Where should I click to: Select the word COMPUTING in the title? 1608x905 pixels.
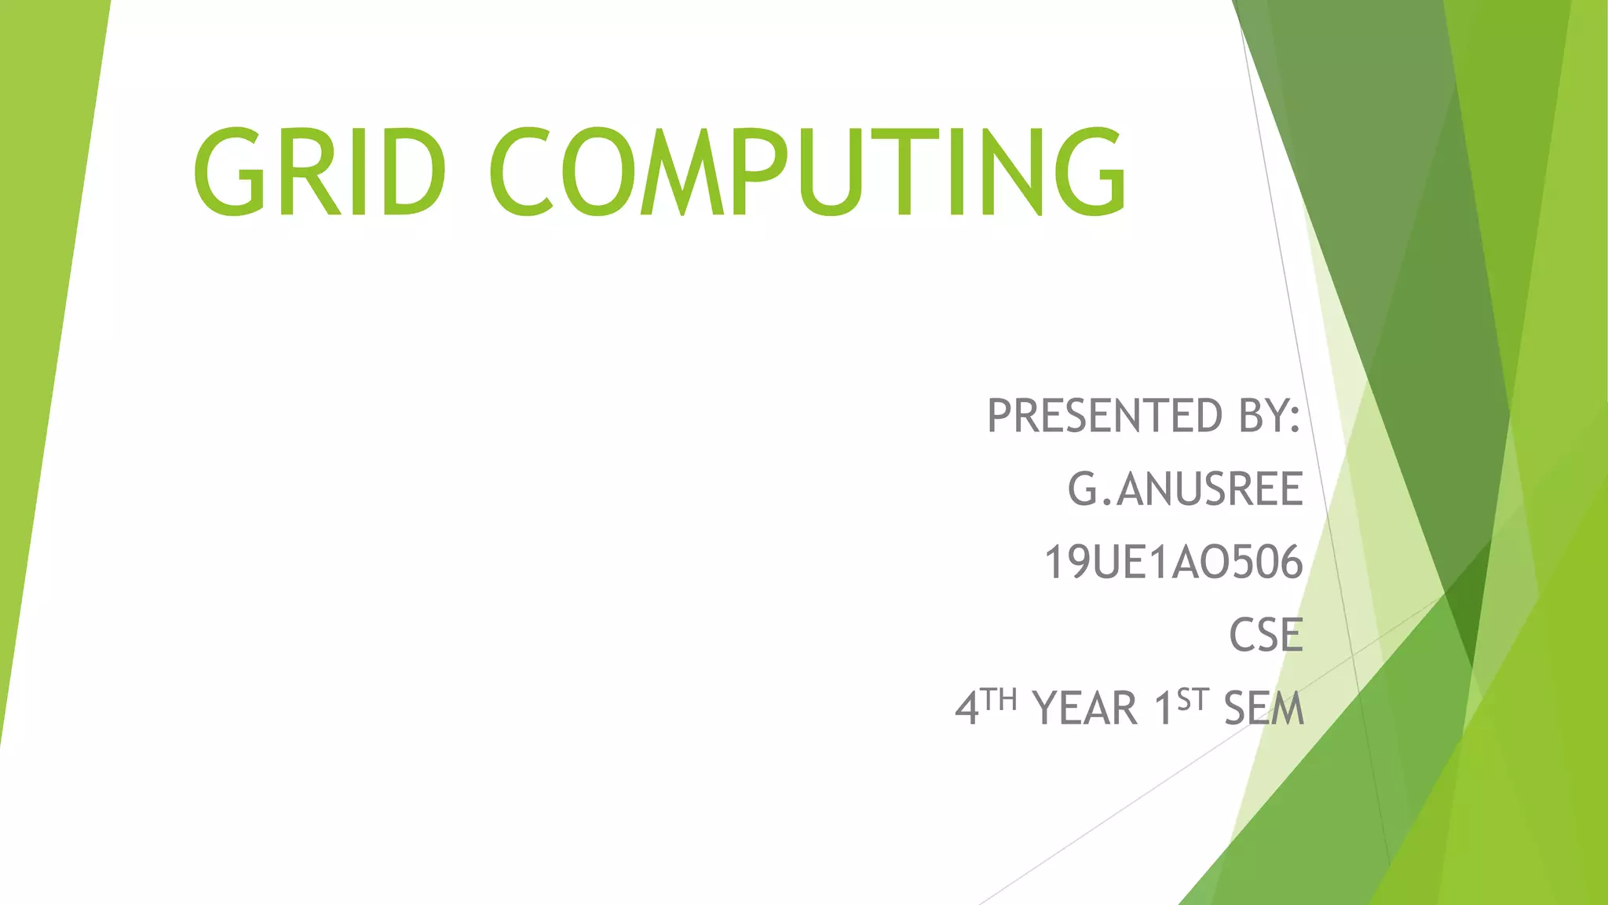tap(809, 171)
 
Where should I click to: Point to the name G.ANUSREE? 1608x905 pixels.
tap(1185, 489)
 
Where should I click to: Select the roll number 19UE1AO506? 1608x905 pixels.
tap(1173, 562)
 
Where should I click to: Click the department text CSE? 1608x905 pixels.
tap(1266, 636)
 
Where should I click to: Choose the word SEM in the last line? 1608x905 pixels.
tap(1263, 709)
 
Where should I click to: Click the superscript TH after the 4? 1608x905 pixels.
tap(1000, 698)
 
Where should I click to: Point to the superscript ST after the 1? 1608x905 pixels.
tap(1192, 698)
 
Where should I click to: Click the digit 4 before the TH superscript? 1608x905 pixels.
tap(967, 709)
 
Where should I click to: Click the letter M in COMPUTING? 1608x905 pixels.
tap(682, 171)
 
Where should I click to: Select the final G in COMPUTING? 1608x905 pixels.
tap(1087, 171)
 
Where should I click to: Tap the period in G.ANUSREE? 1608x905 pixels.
tap(1108, 503)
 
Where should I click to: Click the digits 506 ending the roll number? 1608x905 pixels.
tap(1267, 562)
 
